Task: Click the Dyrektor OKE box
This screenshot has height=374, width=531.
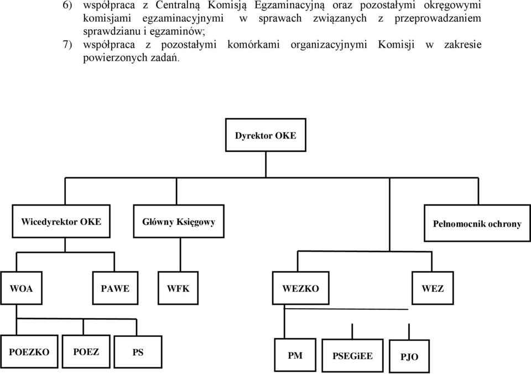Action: pos(265,135)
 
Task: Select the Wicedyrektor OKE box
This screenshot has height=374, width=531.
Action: pos(61,221)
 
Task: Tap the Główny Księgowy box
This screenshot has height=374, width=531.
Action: pos(179,221)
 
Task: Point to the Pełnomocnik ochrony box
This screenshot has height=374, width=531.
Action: pos(477,223)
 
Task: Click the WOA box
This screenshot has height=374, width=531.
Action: pos(22,288)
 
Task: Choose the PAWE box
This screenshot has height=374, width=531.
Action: pos(115,288)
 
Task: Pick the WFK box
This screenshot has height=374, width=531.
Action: pos(178,288)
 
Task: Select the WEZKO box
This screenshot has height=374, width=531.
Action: pos(300,288)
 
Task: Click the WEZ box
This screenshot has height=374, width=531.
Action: pos(433,288)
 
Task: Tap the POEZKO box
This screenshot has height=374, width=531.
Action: pos(29,352)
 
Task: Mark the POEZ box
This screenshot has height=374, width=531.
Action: pos(86,352)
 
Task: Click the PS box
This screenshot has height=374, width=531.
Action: pos(138,352)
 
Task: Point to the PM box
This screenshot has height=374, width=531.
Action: pos(295,355)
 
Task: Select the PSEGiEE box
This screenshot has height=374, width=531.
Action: pos(352,356)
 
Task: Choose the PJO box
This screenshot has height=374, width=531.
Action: pos(409,356)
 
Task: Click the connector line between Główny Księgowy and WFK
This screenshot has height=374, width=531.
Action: pos(180,254)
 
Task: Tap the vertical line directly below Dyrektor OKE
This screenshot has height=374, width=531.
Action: pos(266,165)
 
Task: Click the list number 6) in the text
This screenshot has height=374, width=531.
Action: pos(67,6)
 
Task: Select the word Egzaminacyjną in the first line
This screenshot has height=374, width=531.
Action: pos(289,6)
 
